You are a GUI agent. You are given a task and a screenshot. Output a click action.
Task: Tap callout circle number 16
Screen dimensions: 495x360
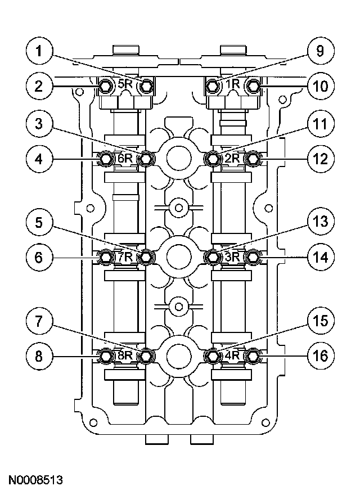pos(320,355)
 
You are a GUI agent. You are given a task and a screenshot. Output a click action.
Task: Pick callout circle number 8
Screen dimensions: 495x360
pos(39,355)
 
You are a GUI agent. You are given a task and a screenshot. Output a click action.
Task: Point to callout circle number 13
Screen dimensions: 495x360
pos(320,223)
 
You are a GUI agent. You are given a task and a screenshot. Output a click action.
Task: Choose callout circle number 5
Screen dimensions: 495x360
pos(39,223)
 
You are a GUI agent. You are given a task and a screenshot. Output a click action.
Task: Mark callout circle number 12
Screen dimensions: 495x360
pos(320,159)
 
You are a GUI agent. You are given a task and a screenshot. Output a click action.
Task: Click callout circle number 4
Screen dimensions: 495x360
pos(39,159)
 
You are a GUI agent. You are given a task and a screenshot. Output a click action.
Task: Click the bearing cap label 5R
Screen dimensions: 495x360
pos(125,85)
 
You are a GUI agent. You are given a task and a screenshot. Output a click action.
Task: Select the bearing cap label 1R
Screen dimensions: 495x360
pos(232,85)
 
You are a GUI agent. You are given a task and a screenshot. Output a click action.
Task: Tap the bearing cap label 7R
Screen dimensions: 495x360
pos(125,257)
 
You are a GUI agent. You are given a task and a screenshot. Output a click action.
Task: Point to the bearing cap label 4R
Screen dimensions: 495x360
pos(232,355)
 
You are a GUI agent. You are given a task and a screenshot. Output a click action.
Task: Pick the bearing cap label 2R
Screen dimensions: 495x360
pos(232,159)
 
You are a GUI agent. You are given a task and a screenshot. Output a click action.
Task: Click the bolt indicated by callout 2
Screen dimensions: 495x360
pos(105,85)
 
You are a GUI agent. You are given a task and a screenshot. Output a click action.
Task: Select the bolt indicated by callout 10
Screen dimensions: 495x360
pos(253,85)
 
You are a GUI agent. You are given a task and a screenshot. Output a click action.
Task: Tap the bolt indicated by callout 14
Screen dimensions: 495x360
pos(253,258)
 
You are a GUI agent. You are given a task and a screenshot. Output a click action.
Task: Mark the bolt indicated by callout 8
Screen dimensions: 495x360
pos(105,355)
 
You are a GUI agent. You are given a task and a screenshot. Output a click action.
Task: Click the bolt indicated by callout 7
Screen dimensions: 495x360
pos(146,355)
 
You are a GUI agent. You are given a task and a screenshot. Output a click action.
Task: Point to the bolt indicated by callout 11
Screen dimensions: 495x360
pos(212,159)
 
